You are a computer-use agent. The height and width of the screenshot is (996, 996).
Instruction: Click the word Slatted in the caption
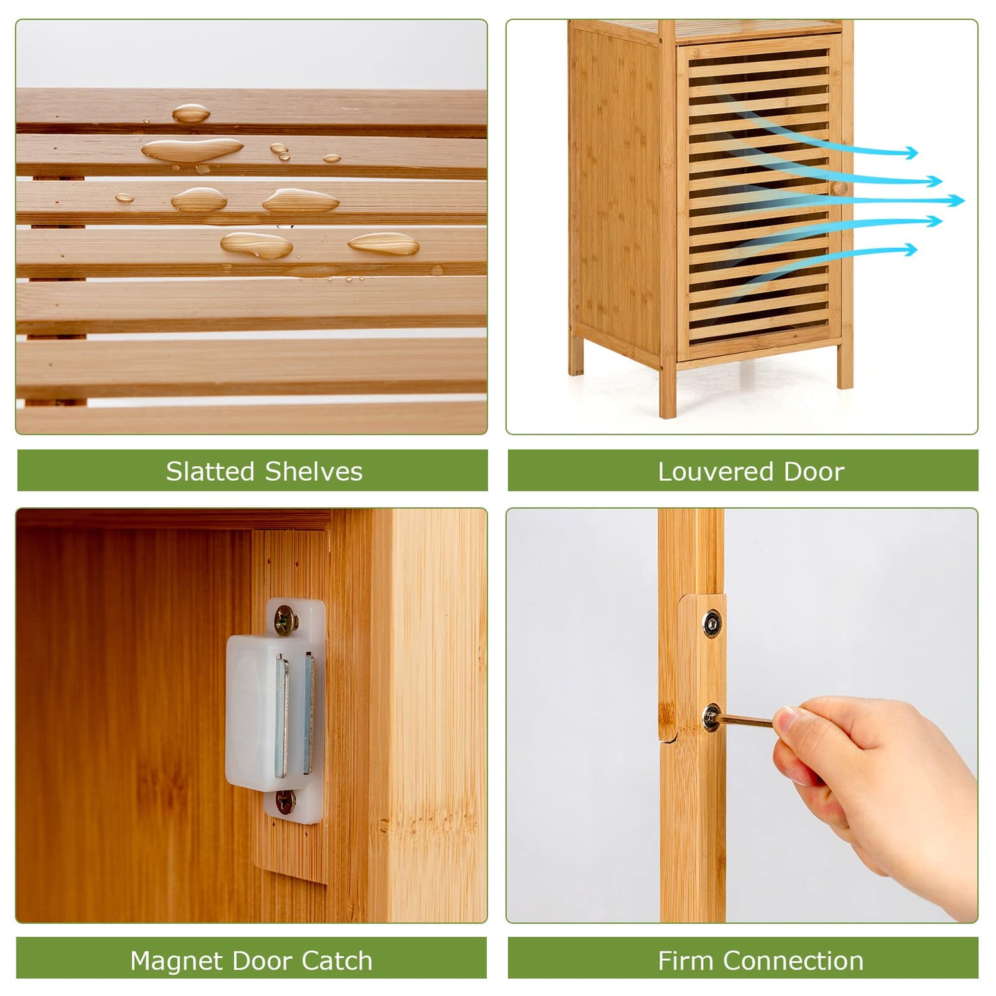point(210,471)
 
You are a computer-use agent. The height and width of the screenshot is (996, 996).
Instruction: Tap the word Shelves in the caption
point(314,471)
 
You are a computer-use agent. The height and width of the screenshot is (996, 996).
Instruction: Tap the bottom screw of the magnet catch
point(286,801)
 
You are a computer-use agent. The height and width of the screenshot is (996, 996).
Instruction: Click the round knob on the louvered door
point(839,188)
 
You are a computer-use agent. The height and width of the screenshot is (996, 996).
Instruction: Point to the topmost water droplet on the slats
point(191,114)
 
